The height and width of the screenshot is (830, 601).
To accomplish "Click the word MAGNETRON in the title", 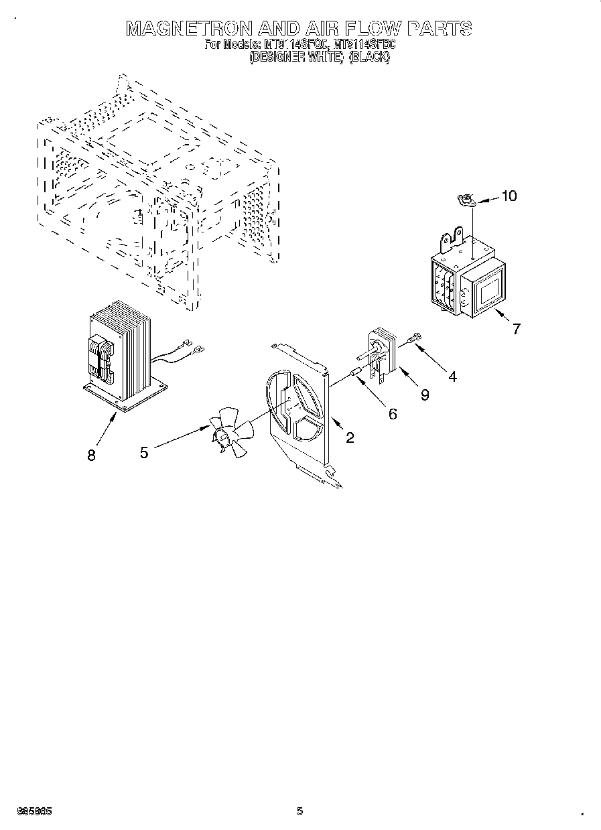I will coord(190,28).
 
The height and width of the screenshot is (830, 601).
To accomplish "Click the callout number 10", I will coord(509,196).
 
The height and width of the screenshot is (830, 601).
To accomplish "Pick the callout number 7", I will coord(516,329).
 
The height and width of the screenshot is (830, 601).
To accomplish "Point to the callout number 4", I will coord(452,376).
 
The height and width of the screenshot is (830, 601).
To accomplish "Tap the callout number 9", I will coord(425,395).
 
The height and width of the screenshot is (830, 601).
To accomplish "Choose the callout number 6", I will coord(392,414).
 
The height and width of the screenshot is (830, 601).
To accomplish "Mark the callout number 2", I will coord(350,437).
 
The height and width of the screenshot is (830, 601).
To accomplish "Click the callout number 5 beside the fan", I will coord(144,453).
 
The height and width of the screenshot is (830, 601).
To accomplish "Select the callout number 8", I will coord(91,455).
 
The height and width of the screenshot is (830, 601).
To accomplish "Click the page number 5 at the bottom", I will coord(300,811).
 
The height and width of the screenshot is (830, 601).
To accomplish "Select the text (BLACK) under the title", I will coord(369,58).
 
